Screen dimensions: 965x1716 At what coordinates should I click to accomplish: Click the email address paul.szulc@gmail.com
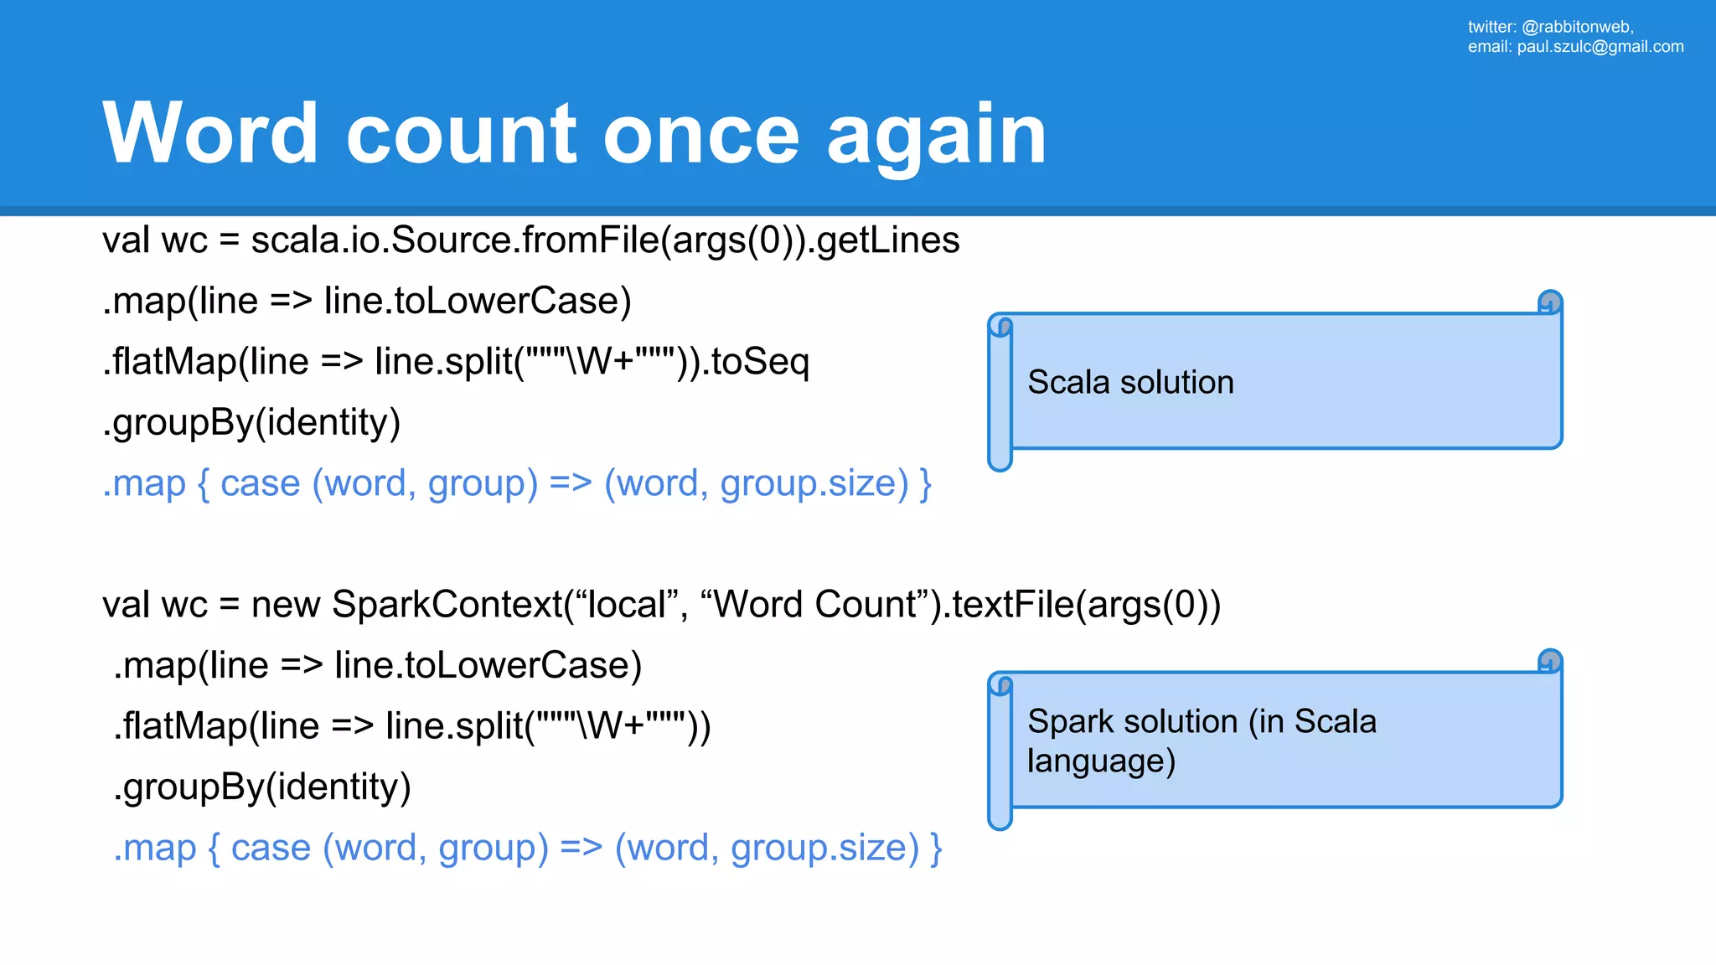pyautogui.click(x=1600, y=47)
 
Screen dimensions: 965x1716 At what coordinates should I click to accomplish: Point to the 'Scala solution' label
pyautogui.click(x=1130, y=383)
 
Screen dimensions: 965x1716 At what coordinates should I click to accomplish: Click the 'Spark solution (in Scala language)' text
pyautogui.click(x=1201, y=741)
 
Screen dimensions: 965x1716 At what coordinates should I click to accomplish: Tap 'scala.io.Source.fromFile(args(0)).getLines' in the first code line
pyautogui.click(x=605, y=241)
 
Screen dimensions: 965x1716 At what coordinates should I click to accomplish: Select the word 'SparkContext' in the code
pyautogui.click(x=447, y=605)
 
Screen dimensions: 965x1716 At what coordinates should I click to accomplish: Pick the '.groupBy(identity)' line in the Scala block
pyautogui.click(x=251, y=422)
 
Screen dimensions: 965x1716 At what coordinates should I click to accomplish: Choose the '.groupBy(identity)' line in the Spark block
pyautogui.click(x=262, y=787)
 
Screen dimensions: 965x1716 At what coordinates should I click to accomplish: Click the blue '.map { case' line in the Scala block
pyautogui.click(x=516, y=484)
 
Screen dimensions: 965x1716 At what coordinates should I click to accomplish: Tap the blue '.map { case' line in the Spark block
pyautogui.click(x=527, y=849)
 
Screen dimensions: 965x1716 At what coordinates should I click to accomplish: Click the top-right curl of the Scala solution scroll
pyautogui.click(x=1550, y=302)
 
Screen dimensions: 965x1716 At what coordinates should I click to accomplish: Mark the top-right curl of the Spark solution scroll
pyautogui.click(x=1550, y=661)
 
